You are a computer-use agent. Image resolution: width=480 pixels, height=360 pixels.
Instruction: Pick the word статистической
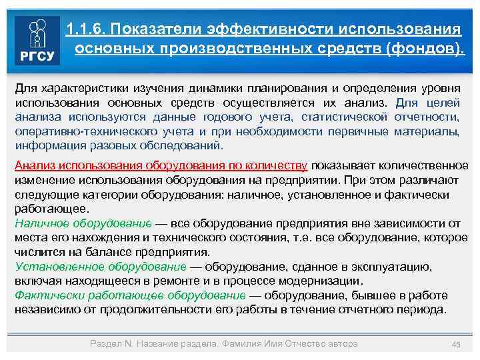pos(340,117)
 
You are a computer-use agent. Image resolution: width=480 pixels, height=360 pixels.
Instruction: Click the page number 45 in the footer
pos(456,344)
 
